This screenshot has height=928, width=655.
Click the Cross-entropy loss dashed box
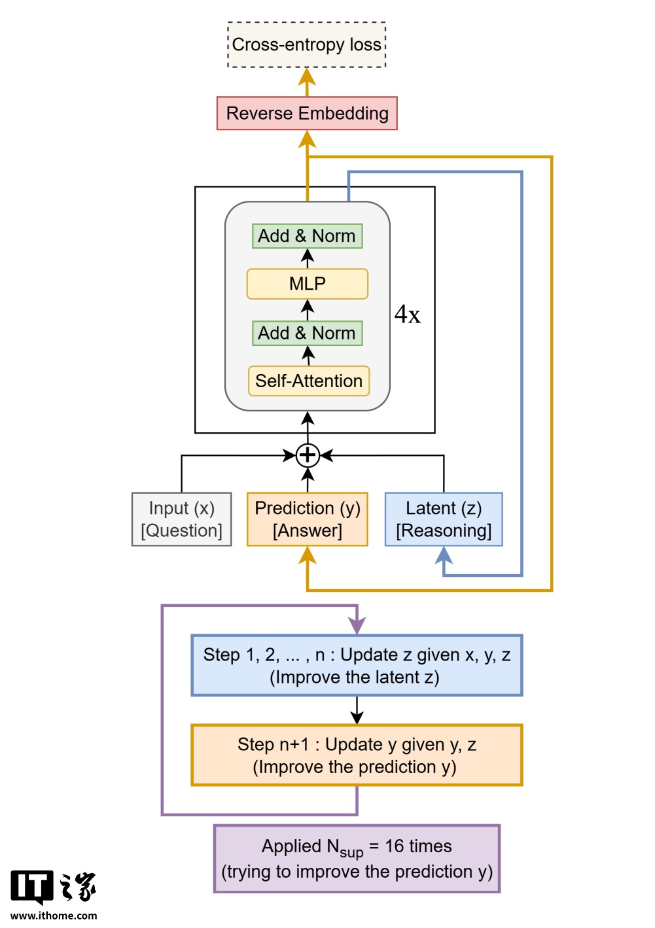(x=307, y=44)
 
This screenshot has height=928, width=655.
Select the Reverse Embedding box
(x=307, y=113)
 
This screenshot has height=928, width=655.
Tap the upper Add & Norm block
(x=307, y=236)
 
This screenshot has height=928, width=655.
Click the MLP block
(x=307, y=284)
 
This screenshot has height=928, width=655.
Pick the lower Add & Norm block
(x=307, y=333)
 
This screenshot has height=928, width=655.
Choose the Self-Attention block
(x=308, y=381)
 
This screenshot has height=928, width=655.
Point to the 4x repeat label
(x=407, y=315)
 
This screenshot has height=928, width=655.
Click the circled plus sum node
(x=308, y=455)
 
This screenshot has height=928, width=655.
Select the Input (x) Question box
(x=181, y=519)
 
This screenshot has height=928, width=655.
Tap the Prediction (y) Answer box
(x=308, y=519)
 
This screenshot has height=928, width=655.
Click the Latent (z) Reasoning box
(x=444, y=519)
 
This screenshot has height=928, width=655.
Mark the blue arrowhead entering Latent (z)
(x=444, y=555)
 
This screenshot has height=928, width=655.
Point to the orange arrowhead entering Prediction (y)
(x=308, y=555)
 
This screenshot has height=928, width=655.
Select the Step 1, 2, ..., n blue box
(x=357, y=665)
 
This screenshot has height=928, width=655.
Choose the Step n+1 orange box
(x=357, y=755)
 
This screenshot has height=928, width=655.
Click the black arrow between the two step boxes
(x=357, y=710)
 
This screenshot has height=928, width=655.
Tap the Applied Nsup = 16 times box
(x=357, y=859)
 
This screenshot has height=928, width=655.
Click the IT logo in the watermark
(x=31, y=887)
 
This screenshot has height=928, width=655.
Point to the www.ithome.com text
(x=54, y=916)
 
